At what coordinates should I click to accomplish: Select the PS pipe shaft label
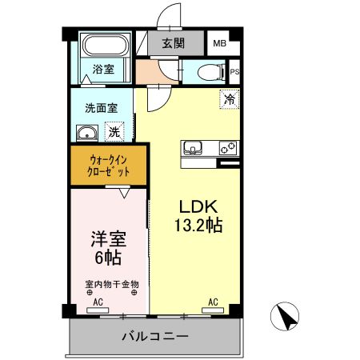[x=234, y=71]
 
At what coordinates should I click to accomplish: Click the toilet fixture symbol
[x=211, y=71]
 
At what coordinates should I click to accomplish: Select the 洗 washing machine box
[x=114, y=132]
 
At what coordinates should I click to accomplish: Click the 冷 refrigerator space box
[x=229, y=100]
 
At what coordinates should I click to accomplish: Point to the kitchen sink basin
[x=194, y=148]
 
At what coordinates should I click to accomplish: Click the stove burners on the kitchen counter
[x=226, y=148]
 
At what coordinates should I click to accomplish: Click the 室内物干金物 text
[x=112, y=283]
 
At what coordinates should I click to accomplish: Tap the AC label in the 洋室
[x=98, y=302]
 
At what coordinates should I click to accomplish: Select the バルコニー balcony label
[x=155, y=336]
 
